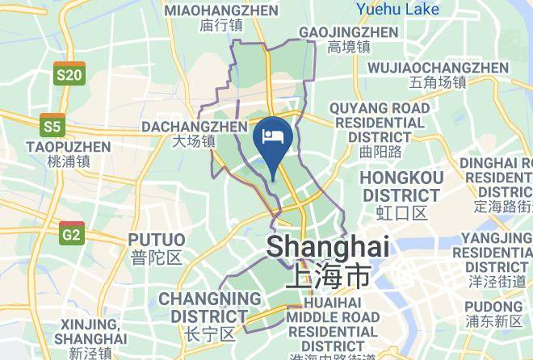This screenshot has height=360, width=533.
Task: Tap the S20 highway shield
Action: (69, 74)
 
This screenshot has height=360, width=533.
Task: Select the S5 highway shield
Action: (52, 125)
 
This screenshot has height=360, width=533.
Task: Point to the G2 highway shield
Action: (72, 233)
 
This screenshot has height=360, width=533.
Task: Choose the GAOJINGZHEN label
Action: (348, 32)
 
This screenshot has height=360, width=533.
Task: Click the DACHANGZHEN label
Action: (194, 127)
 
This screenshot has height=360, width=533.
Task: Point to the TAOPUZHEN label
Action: (68, 147)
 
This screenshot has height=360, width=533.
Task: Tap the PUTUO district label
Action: (157, 240)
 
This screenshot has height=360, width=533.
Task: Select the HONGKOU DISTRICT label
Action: (401, 186)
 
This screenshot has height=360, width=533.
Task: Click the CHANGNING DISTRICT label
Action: (209, 307)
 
